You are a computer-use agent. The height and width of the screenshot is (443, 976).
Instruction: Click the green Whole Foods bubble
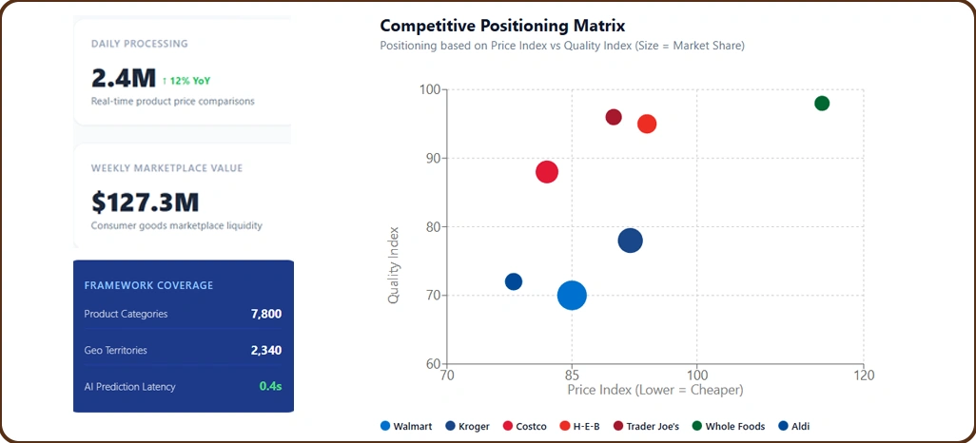pos(822,103)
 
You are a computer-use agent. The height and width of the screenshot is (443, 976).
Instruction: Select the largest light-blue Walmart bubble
pos(571,295)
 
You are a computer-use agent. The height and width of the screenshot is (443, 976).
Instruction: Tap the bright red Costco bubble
pos(546,172)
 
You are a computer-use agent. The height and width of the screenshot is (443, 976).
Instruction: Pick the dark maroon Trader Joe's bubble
pos(614,117)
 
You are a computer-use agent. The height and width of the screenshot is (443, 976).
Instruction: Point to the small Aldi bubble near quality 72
pos(514,281)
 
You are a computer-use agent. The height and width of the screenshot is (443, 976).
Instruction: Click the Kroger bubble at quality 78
pos(630,241)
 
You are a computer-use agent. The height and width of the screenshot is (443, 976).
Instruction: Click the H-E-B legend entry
pos(579,427)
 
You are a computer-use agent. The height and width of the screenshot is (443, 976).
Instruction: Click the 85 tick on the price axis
pos(571,376)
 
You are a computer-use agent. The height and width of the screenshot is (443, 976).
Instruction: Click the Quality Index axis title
pos(394,264)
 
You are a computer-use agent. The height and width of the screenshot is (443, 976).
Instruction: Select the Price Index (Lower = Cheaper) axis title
pos(654,390)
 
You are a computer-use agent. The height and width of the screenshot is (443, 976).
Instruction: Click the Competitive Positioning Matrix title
pos(489,25)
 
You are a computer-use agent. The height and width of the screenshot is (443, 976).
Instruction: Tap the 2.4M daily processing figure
pos(123,78)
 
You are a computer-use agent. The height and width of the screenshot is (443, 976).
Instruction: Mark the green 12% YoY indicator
pos(185,81)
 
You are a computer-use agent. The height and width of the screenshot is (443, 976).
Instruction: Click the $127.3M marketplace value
pos(145,202)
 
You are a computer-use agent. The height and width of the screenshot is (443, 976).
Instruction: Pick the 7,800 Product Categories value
pos(265,314)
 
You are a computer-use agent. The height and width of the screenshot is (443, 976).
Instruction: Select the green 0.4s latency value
pos(270,386)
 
